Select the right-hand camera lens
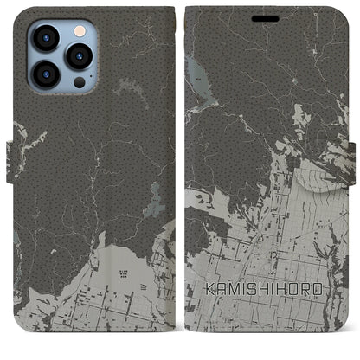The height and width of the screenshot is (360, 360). [79, 55]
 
